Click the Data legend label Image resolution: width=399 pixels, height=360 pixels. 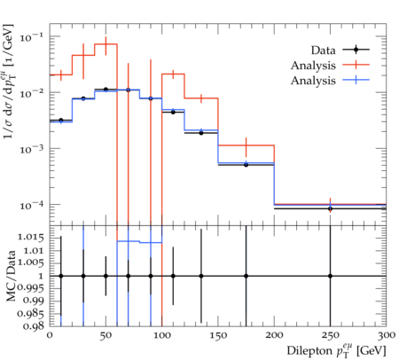point(323,51)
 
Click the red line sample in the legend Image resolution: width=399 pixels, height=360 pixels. point(356,65)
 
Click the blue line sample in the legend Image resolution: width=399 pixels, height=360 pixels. point(356,80)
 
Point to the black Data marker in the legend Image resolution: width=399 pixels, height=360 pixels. point(356,50)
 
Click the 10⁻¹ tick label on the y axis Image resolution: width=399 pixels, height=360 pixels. point(31,36)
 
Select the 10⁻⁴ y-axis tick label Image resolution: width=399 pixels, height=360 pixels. point(31,205)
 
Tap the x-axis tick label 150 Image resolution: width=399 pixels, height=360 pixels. point(218,335)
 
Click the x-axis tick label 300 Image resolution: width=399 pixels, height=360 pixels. point(387,335)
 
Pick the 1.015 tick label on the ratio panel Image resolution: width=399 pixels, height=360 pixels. point(30,237)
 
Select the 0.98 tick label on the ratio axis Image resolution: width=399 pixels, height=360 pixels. point(33,326)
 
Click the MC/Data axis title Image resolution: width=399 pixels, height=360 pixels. point(11,276)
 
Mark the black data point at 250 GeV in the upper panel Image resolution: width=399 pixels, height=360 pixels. point(330,208)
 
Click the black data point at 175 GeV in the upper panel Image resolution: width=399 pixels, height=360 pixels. point(246,165)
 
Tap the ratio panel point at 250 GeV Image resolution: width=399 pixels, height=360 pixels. point(330,276)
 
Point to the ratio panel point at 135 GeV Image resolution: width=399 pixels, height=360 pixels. point(201,276)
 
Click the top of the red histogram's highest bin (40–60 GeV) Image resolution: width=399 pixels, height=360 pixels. point(106,44)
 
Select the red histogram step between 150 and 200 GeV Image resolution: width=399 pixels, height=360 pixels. point(246,145)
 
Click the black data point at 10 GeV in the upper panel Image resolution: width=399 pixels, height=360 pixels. point(61,121)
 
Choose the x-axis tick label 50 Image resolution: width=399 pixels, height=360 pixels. point(106,335)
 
